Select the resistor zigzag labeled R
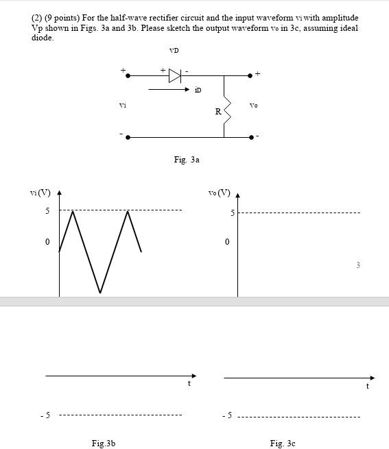[224, 110]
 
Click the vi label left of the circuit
[123, 105]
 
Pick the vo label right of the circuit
[254, 105]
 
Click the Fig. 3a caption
[187, 160]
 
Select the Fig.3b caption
[104, 444]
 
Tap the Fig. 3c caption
[283, 444]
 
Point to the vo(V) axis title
[219, 192]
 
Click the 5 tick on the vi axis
[47, 211]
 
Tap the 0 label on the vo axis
[227, 242]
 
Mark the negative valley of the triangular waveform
[100, 293]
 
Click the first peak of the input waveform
[73, 211]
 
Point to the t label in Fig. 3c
[368, 387]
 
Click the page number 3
[357, 265]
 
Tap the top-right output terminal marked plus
[258, 73]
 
